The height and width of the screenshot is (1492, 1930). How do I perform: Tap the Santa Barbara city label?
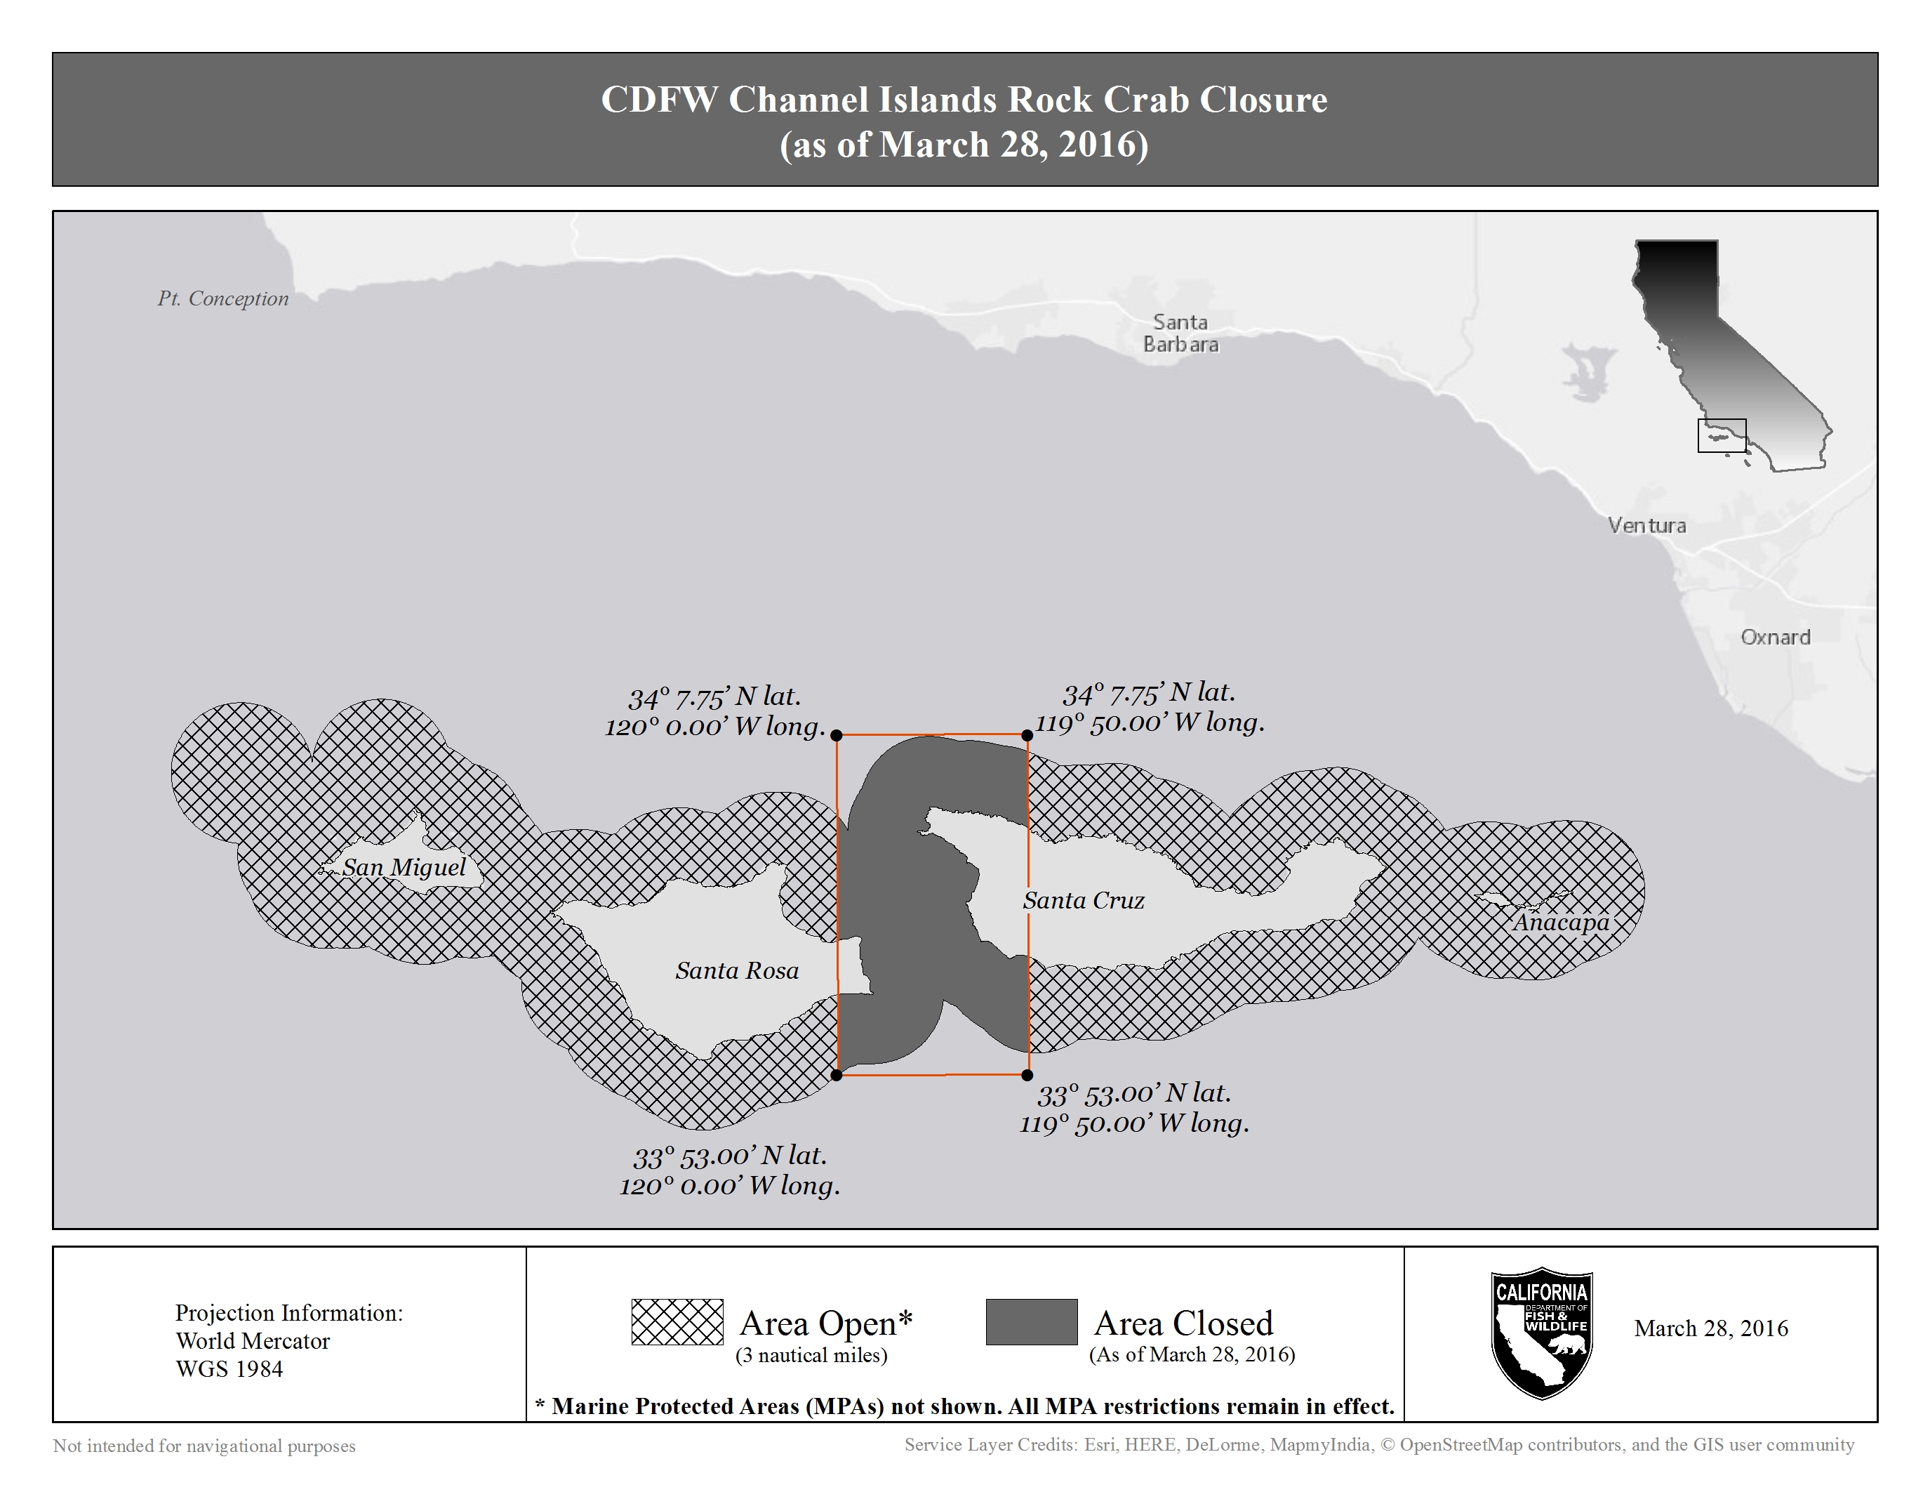pyautogui.click(x=1180, y=334)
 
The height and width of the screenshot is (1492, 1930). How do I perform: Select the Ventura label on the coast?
pyautogui.click(x=1646, y=525)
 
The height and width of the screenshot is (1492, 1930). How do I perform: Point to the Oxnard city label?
pyautogui.click(x=1774, y=638)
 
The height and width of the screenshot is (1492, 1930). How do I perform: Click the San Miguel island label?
pyautogui.click(x=404, y=867)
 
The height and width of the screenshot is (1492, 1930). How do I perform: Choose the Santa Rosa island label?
pyautogui.click(x=737, y=970)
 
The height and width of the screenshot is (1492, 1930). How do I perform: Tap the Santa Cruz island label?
pyautogui.click(x=1084, y=900)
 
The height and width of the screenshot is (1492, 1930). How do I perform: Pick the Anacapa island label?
pyautogui.click(x=1561, y=922)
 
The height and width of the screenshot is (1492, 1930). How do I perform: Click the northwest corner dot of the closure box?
pyautogui.click(x=837, y=734)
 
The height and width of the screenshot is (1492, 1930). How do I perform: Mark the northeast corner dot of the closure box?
pyautogui.click(x=1027, y=734)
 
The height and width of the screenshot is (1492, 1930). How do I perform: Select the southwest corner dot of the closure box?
pyautogui.click(x=837, y=1076)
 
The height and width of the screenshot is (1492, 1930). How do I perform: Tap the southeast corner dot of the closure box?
pyautogui.click(x=1027, y=1076)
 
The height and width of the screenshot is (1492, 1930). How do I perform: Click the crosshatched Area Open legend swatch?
pyautogui.click(x=677, y=1321)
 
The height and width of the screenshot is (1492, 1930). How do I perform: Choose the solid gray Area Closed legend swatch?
pyautogui.click(x=1031, y=1321)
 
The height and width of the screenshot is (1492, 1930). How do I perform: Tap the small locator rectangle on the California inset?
pyautogui.click(x=1722, y=435)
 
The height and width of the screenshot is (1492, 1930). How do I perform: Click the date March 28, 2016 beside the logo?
pyautogui.click(x=1711, y=1328)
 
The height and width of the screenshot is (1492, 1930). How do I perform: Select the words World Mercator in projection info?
pyautogui.click(x=253, y=1341)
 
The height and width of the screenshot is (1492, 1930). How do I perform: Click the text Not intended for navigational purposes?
pyautogui.click(x=204, y=1446)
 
